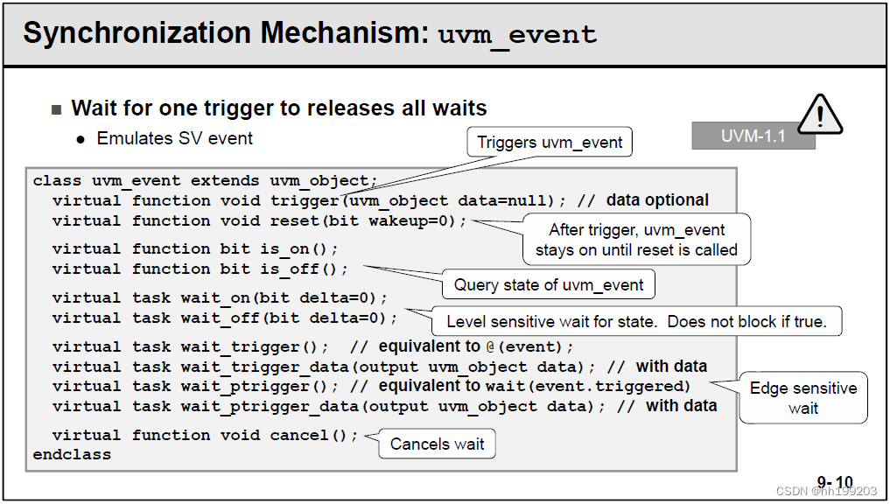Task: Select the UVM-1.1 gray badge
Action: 753,136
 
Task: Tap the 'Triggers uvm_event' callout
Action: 550,142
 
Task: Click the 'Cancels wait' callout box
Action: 437,444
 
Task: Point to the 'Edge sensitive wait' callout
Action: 803,397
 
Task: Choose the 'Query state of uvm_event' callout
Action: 549,284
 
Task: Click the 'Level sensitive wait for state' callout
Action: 636,321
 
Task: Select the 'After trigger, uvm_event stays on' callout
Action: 636,240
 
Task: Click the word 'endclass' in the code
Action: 72,455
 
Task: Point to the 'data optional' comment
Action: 657,200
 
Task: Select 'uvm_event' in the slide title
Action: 517,35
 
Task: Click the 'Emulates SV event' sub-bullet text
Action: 174,138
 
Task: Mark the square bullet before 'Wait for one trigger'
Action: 57,109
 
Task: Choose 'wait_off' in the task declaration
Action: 221,318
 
